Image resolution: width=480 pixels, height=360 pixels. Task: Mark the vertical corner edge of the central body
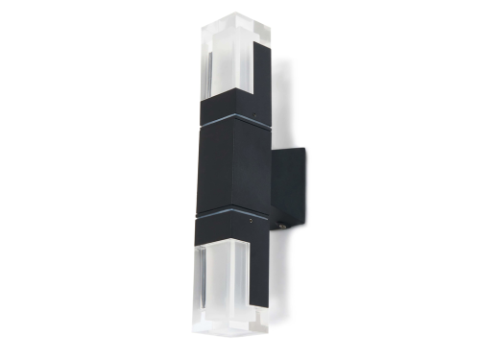(x=233, y=163)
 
